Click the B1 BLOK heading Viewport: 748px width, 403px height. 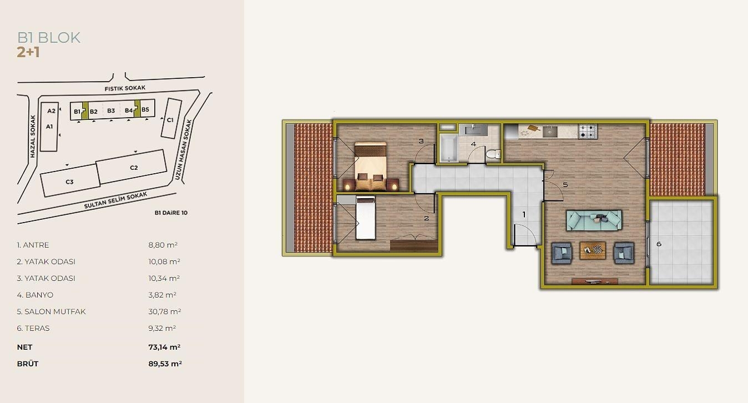click(x=49, y=38)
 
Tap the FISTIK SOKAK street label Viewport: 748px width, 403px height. click(x=125, y=88)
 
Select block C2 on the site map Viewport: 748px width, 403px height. click(x=132, y=167)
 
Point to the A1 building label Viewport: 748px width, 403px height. click(x=49, y=127)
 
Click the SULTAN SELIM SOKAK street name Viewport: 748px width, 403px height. click(x=115, y=200)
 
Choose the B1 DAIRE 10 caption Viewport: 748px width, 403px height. click(x=171, y=213)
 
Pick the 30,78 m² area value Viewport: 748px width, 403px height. click(x=165, y=311)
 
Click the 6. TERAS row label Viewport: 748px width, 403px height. click(x=33, y=328)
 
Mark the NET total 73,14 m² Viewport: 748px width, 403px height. click(x=164, y=347)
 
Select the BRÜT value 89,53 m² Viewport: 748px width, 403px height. click(x=165, y=364)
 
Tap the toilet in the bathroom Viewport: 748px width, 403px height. click(x=493, y=154)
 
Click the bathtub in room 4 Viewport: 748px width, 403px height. click(x=448, y=148)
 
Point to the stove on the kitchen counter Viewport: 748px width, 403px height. click(x=588, y=131)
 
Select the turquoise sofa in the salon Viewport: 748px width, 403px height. click(x=594, y=220)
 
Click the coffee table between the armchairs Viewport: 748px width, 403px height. click(x=593, y=250)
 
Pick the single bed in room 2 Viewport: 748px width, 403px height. click(x=366, y=218)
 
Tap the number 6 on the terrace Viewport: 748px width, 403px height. click(x=659, y=244)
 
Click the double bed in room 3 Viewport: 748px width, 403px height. click(x=370, y=166)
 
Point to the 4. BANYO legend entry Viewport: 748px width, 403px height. click(x=35, y=295)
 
